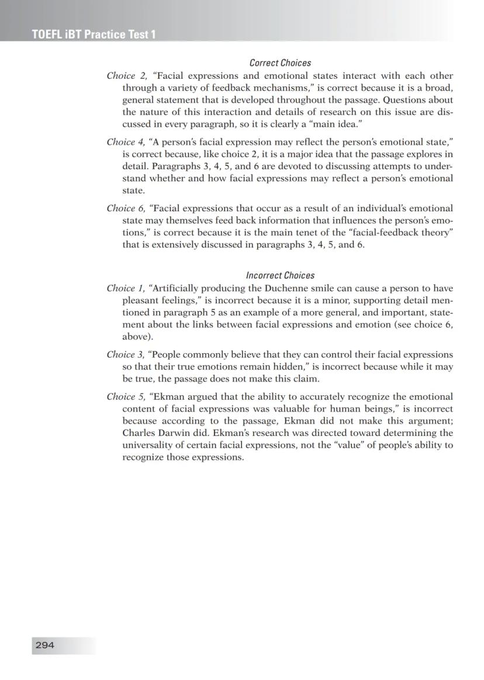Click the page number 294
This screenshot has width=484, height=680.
(x=45, y=645)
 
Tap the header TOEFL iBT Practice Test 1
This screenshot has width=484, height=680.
(x=94, y=34)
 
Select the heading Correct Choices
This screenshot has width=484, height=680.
(x=280, y=62)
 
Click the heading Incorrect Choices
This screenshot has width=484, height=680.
(x=280, y=275)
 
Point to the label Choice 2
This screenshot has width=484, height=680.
(x=125, y=76)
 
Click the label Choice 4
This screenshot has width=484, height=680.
(x=125, y=142)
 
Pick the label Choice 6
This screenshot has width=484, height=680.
(x=125, y=208)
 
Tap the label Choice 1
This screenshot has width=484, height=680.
(x=124, y=288)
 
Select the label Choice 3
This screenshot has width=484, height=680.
(x=125, y=354)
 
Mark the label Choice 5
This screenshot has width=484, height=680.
(x=125, y=396)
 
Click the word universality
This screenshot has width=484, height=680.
(x=148, y=445)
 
